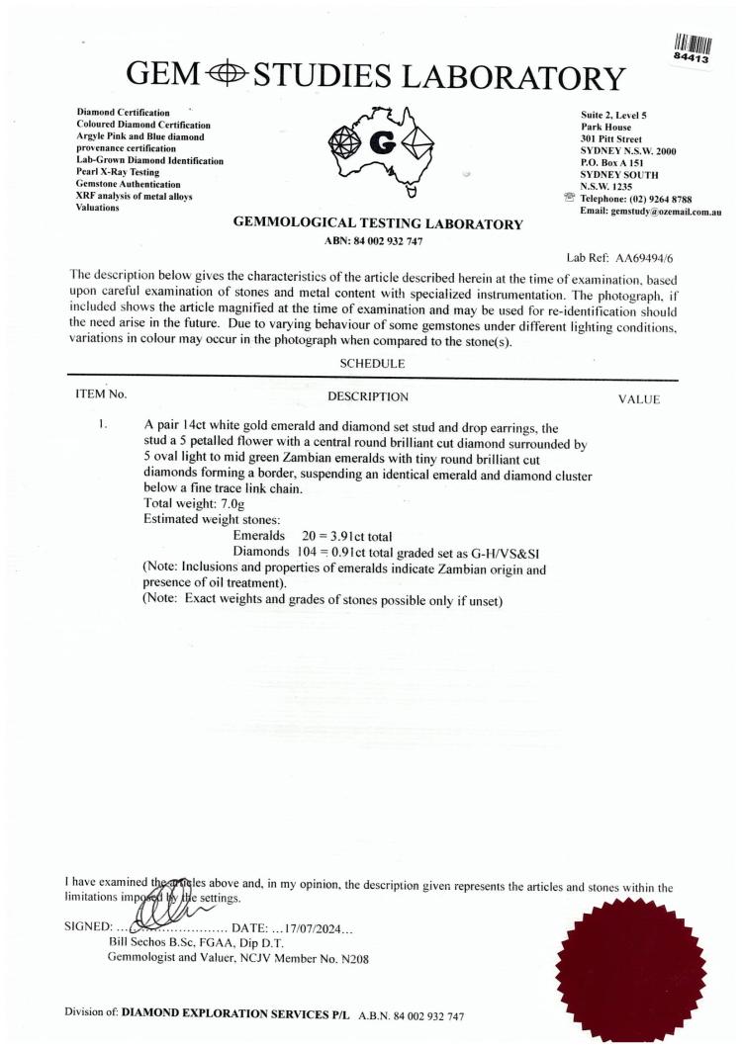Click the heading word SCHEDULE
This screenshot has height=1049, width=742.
[x=370, y=364]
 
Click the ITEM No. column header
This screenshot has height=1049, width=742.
[x=102, y=395]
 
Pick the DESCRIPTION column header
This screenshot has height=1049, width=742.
[x=368, y=397]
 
